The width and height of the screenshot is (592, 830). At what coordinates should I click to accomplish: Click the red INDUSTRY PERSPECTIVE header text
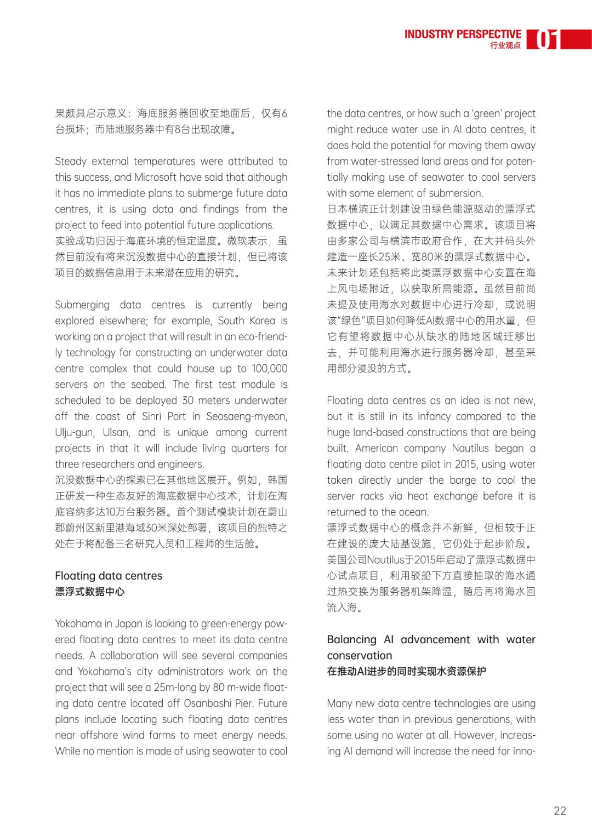point(463,34)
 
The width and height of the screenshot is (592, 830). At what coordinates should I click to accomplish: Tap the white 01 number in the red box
point(546,39)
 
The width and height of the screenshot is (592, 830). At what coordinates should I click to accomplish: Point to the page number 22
point(560,811)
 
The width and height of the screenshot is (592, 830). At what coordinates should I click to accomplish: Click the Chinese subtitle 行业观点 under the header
point(505,45)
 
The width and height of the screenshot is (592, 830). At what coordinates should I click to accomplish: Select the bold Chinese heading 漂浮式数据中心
point(90,592)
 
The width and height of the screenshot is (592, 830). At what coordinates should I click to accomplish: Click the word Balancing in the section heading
point(351,639)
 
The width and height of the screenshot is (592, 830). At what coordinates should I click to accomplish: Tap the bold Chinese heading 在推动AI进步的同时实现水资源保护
point(406,671)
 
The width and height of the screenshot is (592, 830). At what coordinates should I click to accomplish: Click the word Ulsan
point(116,432)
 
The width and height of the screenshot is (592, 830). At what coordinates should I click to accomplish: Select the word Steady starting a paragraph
point(71,161)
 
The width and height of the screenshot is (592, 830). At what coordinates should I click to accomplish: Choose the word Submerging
point(82,305)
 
